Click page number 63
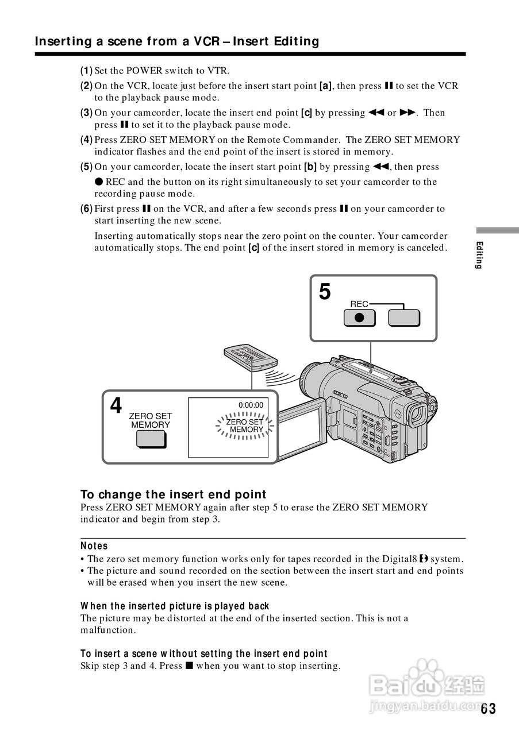488,709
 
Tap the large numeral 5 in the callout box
325,292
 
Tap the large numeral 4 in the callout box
116,406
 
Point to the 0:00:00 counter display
251,405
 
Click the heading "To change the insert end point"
173,494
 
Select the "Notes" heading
94,546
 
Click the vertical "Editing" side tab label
479,256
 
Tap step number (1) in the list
86,71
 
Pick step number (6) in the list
86,208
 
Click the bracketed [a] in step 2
326,86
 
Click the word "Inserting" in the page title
63,41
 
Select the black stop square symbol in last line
188,666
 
